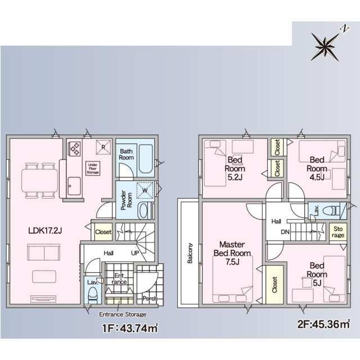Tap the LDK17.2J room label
[45, 231]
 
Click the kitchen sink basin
[74, 186]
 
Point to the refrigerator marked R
[103, 147]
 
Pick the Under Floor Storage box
[93, 168]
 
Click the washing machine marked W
[145, 190]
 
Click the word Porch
[150, 299]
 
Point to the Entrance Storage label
[123, 314]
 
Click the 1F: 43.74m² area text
[130, 328]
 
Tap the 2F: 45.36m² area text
[324, 324]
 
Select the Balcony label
[190, 253]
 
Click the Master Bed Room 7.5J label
[232, 253]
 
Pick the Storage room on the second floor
[338, 232]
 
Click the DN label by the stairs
[285, 232]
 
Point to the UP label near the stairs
[135, 253]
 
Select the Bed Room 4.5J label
[317, 169]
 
